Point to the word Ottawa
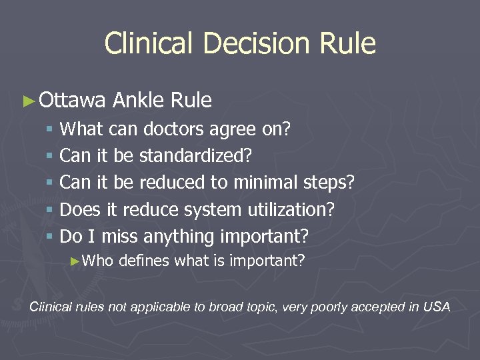pyautogui.click(x=72, y=101)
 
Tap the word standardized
pyautogui.click(x=194, y=155)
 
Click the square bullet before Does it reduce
pyautogui.click(x=51, y=210)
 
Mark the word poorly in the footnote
pyautogui.click(x=334, y=307)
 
